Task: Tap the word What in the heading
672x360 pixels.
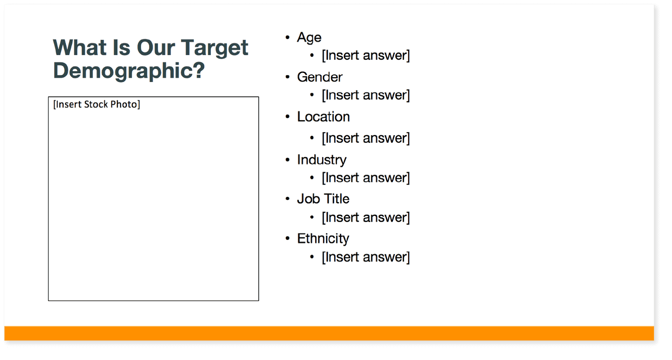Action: pos(79,48)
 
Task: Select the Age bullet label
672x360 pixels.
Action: pos(309,38)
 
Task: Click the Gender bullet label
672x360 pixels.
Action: pos(319,77)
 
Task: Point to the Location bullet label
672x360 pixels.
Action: pos(323,117)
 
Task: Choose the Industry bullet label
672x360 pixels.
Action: pos(322,160)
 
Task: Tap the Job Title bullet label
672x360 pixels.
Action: pos(323,199)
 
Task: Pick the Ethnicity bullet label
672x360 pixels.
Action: pos(323,239)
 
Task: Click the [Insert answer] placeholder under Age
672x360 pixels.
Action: pos(366,55)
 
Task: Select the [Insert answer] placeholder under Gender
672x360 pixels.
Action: pos(366,96)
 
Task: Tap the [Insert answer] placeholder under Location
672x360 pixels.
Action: pos(366,138)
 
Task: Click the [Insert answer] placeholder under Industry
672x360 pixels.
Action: pos(366,178)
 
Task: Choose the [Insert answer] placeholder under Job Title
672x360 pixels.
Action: pos(366,217)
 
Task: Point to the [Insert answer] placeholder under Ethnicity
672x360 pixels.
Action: pos(366,257)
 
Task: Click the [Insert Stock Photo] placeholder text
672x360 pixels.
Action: pos(96,104)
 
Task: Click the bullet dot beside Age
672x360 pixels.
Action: pos(288,38)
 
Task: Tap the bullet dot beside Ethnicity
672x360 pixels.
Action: pos(288,239)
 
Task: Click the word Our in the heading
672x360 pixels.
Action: pos(156,48)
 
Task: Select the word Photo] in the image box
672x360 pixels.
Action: pos(125,104)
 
